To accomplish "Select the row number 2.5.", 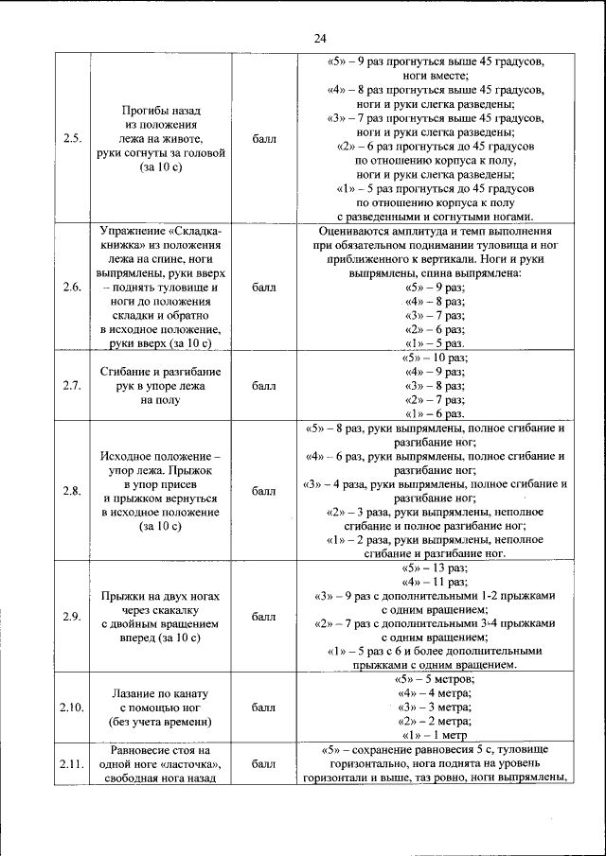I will (x=72, y=138).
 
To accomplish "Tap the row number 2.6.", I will (x=72, y=288).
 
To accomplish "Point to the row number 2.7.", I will (x=72, y=386).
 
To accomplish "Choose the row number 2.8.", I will (x=72, y=491).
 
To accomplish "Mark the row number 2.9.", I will (x=72, y=617).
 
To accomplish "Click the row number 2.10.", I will (x=72, y=708).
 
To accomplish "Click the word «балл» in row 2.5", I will (x=264, y=138).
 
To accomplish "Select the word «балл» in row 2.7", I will (x=264, y=386).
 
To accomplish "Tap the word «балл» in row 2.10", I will (x=264, y=708).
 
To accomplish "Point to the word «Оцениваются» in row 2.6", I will (x=357, y=231).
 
